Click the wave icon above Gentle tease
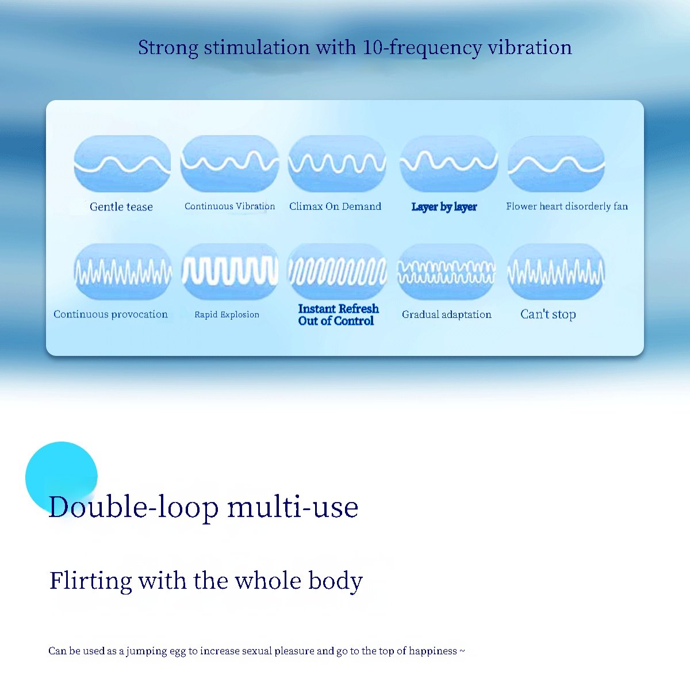[x=122, y=164]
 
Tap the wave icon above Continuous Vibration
[x=229, y=164]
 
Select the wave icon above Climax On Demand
[x=337, y=164]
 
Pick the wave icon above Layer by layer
[x=448, y=164]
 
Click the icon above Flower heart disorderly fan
[x=556, y=164]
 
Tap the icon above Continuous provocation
[x=123, y=272]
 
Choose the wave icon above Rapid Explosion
[x=230, y=272]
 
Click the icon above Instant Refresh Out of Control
[x=338, y=272]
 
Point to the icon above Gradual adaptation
[x=446, y=272]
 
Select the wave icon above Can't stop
[x=555, y=272]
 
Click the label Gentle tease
[x=121, y=206]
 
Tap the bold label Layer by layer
[x=444, y=207]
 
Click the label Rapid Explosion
[x=227, y=315]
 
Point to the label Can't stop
[x=548, y=314]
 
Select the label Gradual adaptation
[x=447, y=315]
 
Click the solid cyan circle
[x=61, y=477]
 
